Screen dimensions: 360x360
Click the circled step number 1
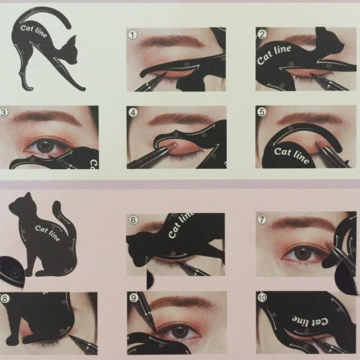pos(133,35)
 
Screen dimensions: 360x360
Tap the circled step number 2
pos(262,35)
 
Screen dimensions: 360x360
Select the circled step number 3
pos(4,112)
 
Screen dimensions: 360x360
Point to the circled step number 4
pos(133,112)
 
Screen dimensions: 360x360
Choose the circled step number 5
pos(262,112)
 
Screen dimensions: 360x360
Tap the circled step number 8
pos(4,298)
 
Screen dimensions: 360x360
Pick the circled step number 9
pos(133,298)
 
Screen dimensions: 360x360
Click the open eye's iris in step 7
pos(304,253)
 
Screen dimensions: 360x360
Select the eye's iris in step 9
pos(180,331)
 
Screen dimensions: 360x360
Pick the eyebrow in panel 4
pos(177,119)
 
